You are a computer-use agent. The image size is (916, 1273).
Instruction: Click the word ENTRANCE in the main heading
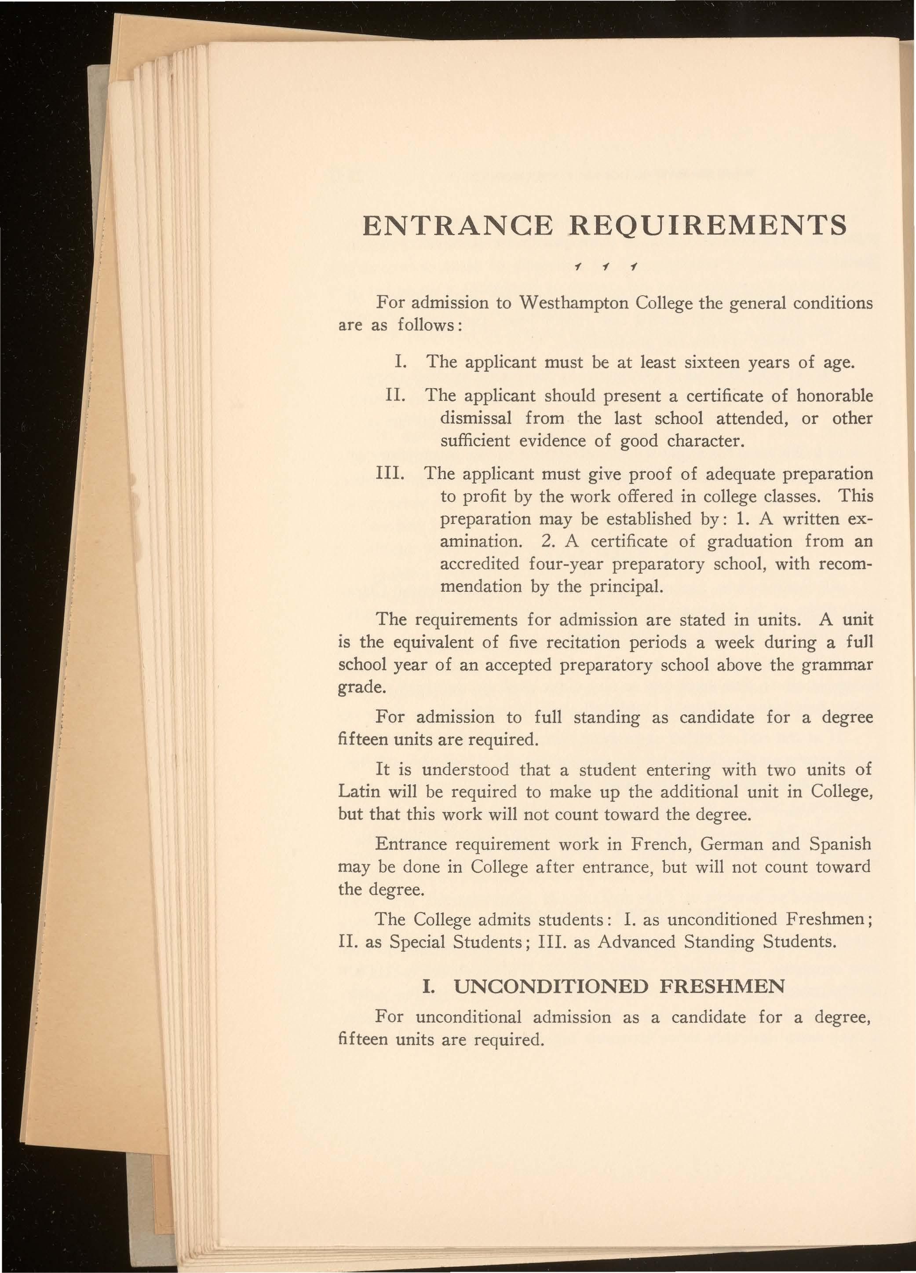458,226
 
